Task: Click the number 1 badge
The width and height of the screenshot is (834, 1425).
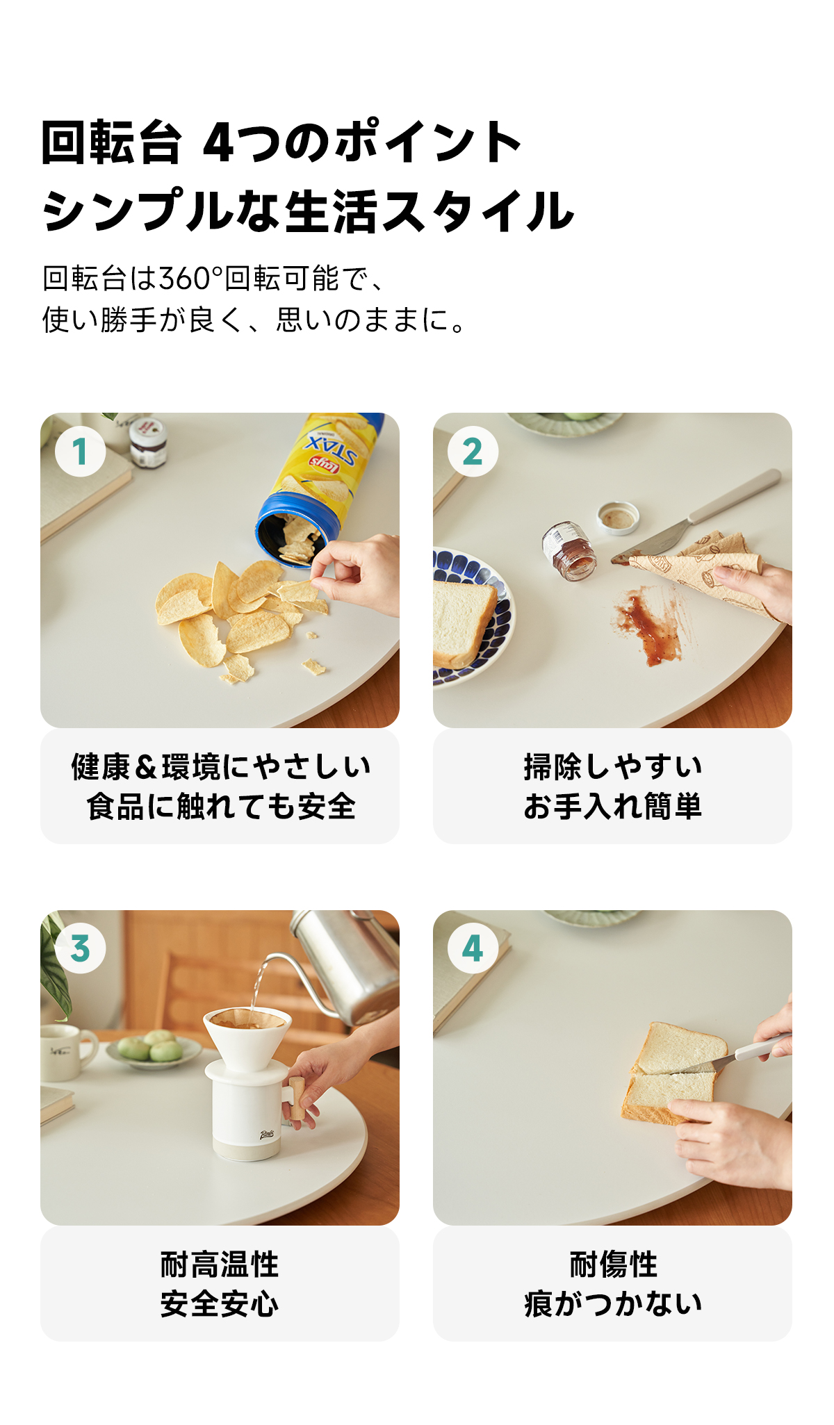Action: point(81,452)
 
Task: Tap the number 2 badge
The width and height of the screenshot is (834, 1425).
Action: point(473,452)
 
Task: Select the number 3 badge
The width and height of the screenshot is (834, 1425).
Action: point(81,948)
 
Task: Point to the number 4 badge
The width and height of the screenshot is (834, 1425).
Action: point(473,948)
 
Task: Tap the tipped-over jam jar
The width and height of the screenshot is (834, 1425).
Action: point(570,552)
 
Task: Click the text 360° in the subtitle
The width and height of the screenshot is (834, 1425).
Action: point(191,279)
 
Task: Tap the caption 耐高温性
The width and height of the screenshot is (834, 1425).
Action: point(220,1265)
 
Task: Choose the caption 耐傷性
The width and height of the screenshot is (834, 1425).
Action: point(613,1265)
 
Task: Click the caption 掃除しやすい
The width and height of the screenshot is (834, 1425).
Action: point(613,767)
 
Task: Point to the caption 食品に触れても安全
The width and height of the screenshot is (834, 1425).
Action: point(221,807)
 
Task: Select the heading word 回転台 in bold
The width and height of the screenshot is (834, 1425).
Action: point(112,142)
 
